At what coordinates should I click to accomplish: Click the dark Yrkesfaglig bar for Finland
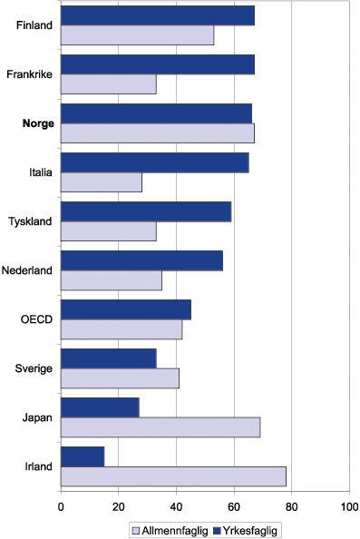[x=158, y=15]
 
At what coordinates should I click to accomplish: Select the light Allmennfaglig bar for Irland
[x=173, y=476]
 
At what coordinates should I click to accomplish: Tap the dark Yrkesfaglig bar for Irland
[x=83, y=456]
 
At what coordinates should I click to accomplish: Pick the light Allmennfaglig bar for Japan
[x=161, y=427]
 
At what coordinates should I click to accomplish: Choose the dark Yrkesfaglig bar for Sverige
[x=109, y=358]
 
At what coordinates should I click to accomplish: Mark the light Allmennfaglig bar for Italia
[x=102, y=181]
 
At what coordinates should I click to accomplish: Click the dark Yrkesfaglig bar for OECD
[x=126, y=309]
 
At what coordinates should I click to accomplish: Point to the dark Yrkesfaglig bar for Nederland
[x=141, y=260]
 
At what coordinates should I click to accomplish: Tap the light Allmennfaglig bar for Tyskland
[x=109, y=230]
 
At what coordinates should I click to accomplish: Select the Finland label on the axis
[x=34, y=24]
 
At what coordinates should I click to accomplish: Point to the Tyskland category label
[x=31, y=220]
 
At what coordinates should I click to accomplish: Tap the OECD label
[x=37, y=318]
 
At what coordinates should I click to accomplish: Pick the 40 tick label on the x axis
[x=176, y=507]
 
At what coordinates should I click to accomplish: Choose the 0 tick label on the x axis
[x=61, y=507]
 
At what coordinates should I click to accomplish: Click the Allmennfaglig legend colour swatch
[x=136, y=530]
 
